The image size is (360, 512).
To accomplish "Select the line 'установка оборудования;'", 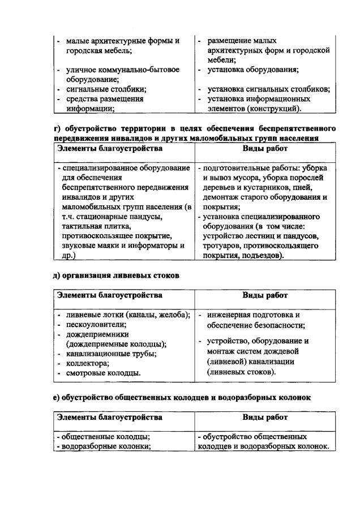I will [252, 70].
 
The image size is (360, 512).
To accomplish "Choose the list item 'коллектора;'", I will [87, 363].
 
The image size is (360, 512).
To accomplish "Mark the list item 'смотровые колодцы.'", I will [104, 373].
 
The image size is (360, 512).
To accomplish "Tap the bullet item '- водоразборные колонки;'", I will [104, 446].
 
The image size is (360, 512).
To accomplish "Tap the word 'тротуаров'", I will [222, 246].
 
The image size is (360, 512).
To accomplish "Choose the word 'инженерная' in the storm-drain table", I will [229, 315].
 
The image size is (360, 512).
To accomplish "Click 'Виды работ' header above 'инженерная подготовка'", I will [265, 295].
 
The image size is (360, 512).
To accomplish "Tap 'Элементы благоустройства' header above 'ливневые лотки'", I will [110, 295].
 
